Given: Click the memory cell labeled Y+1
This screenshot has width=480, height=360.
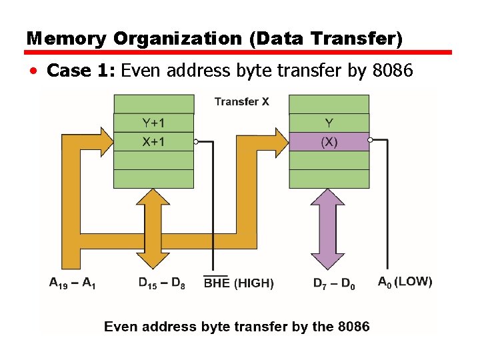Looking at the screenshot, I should [x=154, y=123].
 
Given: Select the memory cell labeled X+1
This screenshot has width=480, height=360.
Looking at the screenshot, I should [x=154, y=141].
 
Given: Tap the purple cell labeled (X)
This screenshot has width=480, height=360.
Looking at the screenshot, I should [x=329, y=142].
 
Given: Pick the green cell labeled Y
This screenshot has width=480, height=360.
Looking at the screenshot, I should [x=329, y=123].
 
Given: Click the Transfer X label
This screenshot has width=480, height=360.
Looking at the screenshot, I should [x=242, y=102].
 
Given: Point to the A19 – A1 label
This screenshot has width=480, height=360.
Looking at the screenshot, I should [x=73, y=283].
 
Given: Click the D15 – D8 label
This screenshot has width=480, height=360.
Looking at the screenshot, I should [x=162, y=283].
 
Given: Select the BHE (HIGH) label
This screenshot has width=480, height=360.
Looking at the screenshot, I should [x=238, y=283].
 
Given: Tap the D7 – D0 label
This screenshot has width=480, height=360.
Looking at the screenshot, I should [x=334, y=283].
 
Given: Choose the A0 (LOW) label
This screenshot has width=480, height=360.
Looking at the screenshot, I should [x=405, y=282].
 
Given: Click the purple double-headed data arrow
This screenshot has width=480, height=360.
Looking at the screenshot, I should [x=328, y=229].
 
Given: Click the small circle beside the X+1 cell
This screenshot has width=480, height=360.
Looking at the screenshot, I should [x=196, y=141].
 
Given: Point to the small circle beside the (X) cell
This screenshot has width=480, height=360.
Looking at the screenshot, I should [x=371, y=141].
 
